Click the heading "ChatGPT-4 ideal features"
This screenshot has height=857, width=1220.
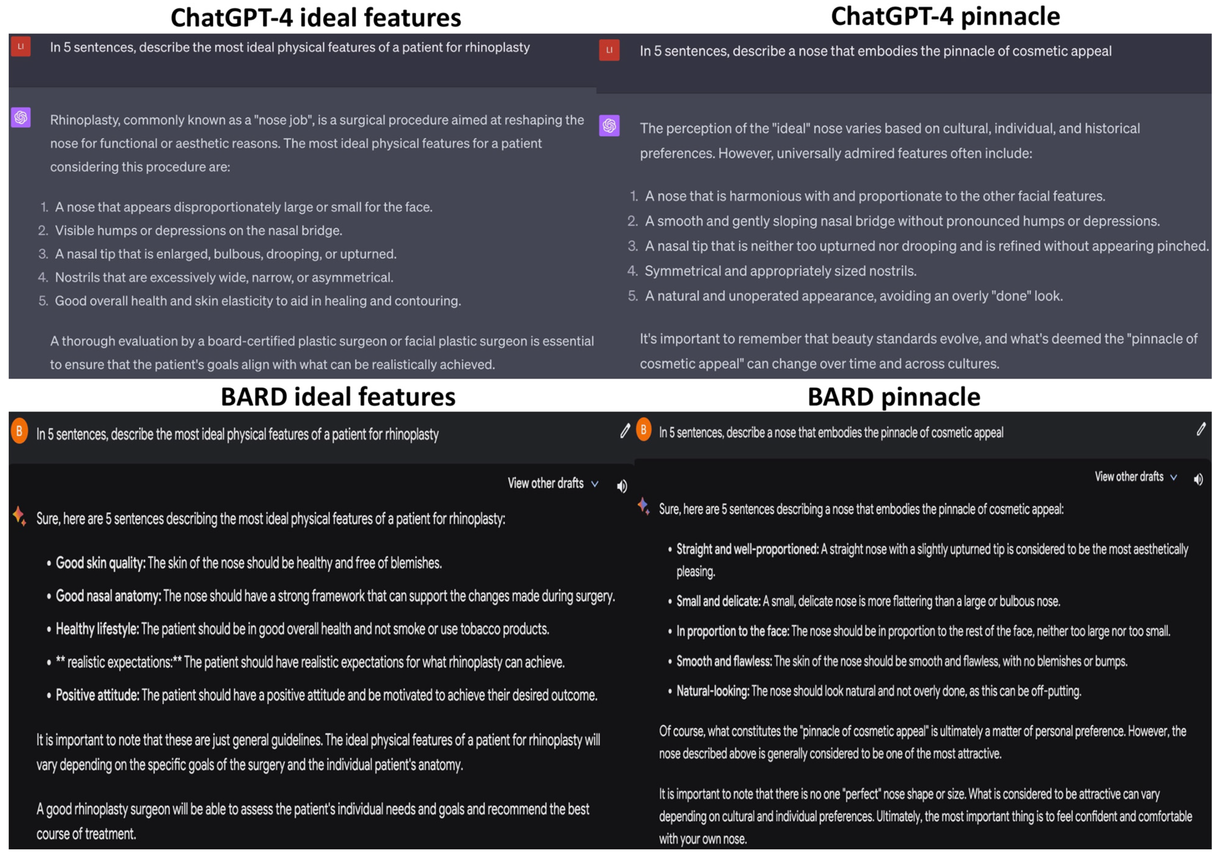click(x=316, y=17)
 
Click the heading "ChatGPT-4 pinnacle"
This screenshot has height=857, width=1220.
click(x=945, y=17)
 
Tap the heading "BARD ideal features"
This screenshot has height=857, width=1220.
click(x=338, y=397)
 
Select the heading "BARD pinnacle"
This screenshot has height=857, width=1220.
click(x=894, y=397)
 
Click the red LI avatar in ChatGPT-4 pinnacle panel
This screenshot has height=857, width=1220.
click(x=609, y=50)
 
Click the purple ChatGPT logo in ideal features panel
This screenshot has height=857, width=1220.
click(x=21, y=118)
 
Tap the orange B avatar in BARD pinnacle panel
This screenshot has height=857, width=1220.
click(x=644, y=429)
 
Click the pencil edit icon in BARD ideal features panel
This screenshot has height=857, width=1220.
click(x=625, y=431)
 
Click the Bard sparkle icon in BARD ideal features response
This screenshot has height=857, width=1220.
click(x=19, y=515)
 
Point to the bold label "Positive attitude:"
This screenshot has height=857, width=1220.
click(x=97, y=696)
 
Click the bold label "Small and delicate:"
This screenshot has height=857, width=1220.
click(x=718, y=601)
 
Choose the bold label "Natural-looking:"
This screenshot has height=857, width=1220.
click(x=712, y=691)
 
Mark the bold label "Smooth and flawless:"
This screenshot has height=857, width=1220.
click(x=724, y=661)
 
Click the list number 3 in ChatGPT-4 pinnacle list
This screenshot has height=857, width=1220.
click(x=632, y=246)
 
